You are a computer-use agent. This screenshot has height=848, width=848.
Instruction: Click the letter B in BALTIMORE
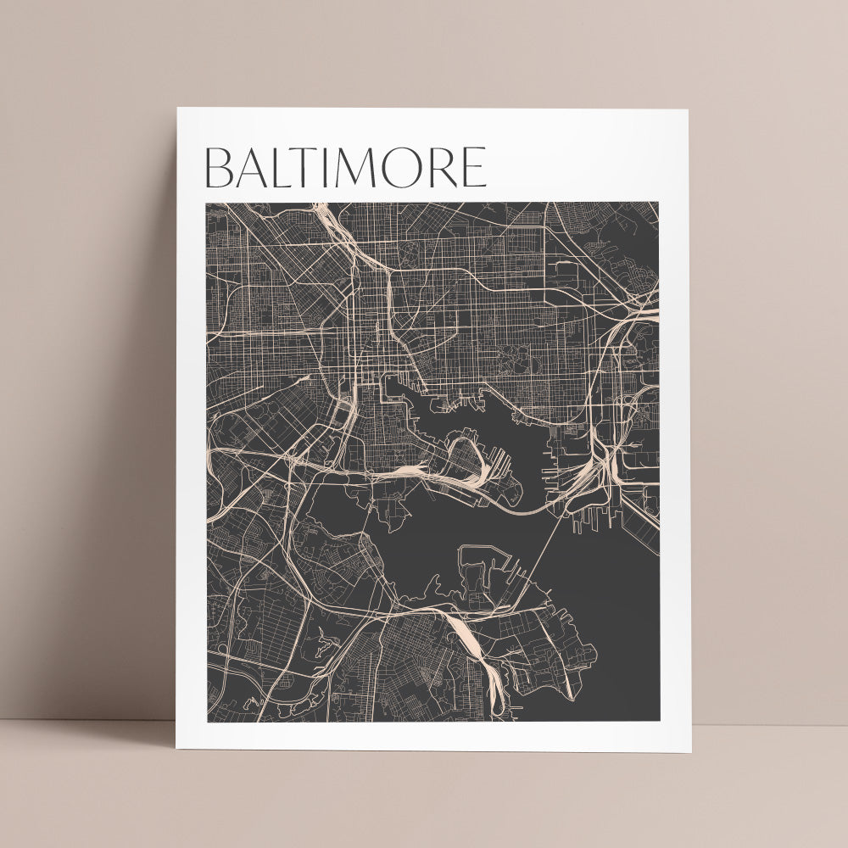click(x=220, y=168)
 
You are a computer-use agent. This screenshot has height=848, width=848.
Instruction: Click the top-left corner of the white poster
click(x=177, y=109)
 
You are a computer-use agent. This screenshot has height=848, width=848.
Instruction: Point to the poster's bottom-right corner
click(x=690, y=751)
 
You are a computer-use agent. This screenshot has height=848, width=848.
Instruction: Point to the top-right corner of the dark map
click(x=658, y=203)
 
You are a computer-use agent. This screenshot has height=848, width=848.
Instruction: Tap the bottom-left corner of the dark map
click(x=206, y=722)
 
